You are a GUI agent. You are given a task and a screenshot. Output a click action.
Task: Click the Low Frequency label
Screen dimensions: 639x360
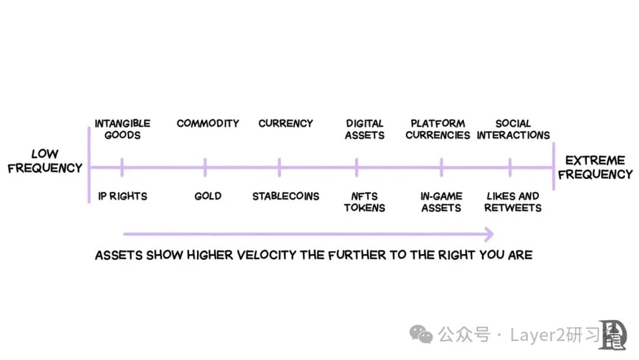(x=45, y=160)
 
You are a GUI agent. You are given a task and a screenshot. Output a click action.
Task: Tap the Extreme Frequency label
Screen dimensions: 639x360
(x=595, y=167)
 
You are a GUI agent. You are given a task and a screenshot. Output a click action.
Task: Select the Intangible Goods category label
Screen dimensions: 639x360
(x=122, y=129)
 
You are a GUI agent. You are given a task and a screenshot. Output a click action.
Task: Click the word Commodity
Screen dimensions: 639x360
(x=208, y=123)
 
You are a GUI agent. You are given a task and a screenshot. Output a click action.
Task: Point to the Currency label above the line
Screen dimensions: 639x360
(x=286, y=123)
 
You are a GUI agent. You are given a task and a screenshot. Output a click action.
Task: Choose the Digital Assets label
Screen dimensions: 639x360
(x=364, y=129)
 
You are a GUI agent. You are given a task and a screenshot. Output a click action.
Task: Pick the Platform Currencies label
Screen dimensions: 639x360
(x=438, y=129)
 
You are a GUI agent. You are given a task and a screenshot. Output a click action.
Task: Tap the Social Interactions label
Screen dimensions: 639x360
(x=513, y=129)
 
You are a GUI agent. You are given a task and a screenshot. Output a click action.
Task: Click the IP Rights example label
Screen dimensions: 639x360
(x=122, y=196)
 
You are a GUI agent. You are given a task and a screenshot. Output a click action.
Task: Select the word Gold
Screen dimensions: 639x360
(x=208, y=196)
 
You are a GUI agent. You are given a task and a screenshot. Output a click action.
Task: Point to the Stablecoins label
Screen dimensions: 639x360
(x=286, y=196)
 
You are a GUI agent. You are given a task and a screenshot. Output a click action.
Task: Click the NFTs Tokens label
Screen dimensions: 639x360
(x=364, y=202)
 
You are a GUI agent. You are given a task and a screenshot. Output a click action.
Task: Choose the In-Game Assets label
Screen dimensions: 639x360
(x=441, y=202)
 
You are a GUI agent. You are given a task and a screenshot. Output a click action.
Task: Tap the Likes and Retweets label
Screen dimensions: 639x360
(x=512, y=202)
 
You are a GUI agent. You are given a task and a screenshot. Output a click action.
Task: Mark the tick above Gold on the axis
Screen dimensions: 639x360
(x=205, y=168)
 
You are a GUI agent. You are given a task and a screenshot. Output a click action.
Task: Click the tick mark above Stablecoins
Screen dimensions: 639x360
(x=279, y=168)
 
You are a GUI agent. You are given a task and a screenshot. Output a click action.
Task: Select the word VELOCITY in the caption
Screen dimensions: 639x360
(x=266, y=255)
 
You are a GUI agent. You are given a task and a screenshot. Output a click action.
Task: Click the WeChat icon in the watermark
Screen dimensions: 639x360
(x=421, y=335)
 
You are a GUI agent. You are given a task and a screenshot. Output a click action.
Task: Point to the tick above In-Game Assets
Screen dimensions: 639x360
(x=441, y=168)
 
